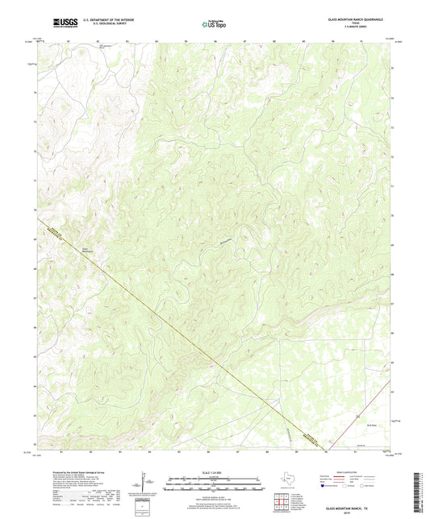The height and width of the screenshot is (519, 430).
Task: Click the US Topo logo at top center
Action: click(x=214, y=23)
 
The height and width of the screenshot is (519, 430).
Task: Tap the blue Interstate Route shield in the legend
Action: click(x=326, y=488)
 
